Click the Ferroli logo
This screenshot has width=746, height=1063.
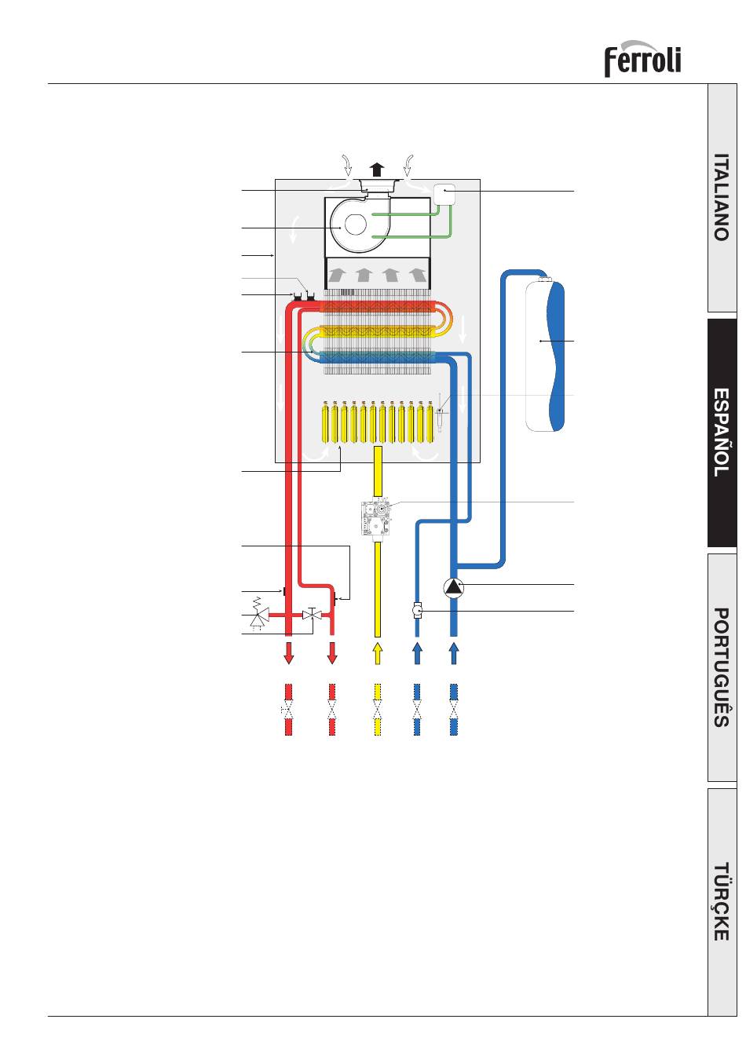(x=642, y=58)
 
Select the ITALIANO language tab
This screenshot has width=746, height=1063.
(x=722, y=197)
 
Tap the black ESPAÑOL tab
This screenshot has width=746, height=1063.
(x=722, y=433)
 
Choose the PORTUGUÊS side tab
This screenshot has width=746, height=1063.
(x=722, y=667)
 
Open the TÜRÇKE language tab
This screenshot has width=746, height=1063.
(x=722, y=901)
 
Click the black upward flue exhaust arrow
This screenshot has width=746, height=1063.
(x=377, y=170)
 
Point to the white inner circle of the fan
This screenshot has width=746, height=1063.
(x=356, y=225)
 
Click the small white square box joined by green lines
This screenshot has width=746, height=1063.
(x=444, y=194)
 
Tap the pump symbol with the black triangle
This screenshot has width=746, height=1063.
(x=454, y=588)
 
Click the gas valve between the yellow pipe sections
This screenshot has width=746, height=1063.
(x=377, y=518)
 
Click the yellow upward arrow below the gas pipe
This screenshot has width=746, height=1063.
(x=378, y=653)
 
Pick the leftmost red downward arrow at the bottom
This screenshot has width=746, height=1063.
(x=288, y=653)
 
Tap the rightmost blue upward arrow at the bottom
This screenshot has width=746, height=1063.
(x=454, y=653)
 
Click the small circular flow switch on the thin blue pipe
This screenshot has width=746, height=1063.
(x=417, y=610)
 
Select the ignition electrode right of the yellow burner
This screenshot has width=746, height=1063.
(x=440, y=412)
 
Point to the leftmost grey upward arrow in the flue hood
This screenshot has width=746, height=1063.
(x=337, y=275)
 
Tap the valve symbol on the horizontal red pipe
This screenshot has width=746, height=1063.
(x=312, y=614)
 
